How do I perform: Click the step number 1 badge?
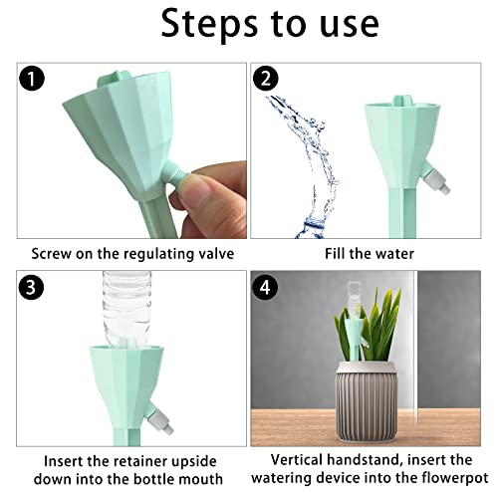pyautogui.click(x=32, y=79)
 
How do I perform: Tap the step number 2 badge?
pyautogui.click(x=265, y=79)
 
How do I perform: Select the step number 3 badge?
pyautogui.click(x=32, y=287)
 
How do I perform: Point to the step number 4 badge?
pyautogui.click(x=265, y=287)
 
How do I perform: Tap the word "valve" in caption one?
pyautogui.click(x=216, y=254)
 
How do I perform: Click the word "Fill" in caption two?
pyautogui.click(x=335, y=254)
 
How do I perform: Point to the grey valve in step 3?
pyautogui.click(x=160, y=418)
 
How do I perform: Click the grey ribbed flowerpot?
pyautogui.click(x=367, y=404)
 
